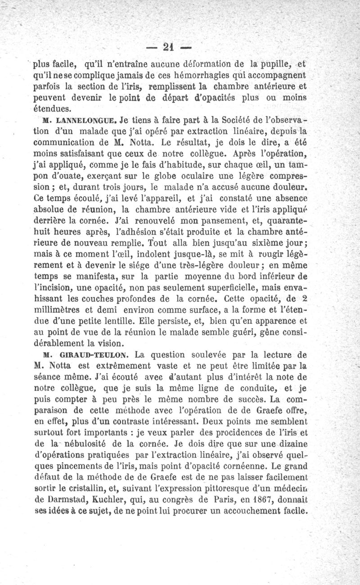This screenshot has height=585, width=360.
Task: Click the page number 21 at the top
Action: pyautogui.click(x=169, y=46)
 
